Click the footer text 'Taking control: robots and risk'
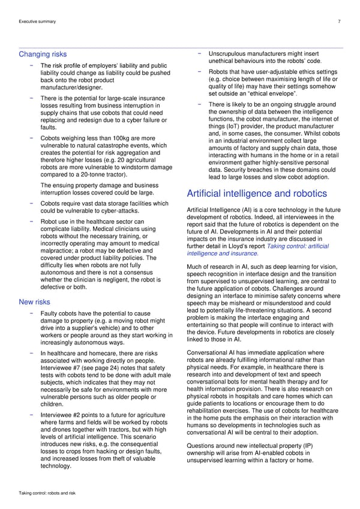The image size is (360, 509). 47,492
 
